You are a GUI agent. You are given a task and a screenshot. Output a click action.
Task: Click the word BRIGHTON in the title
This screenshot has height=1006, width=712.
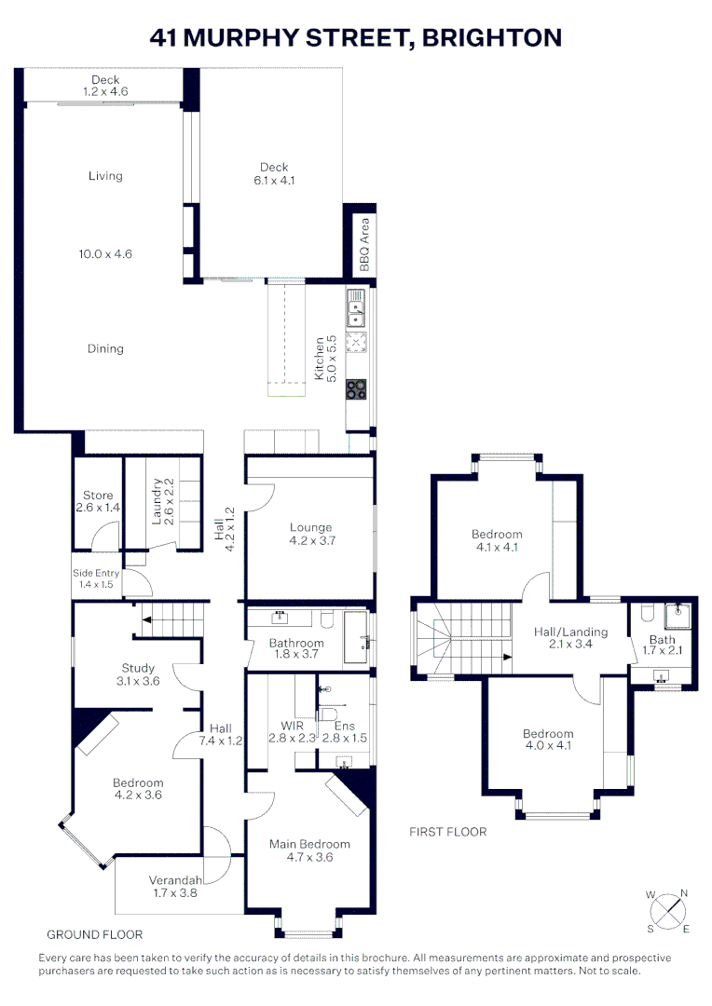tap(492, 37)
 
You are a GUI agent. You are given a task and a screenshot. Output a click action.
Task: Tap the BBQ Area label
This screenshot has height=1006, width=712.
tap(365, 244)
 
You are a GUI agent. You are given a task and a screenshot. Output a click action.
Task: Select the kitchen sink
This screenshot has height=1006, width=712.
tap(356, 308)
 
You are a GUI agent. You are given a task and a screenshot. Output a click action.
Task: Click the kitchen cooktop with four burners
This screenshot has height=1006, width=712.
tap(356, 389)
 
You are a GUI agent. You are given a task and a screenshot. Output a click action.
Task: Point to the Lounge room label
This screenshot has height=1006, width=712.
tap(310, 527)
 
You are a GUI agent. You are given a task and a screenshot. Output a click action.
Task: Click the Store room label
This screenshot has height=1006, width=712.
tap(98, 496)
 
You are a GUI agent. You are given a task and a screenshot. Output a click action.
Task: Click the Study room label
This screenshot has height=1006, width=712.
tap(138, 668)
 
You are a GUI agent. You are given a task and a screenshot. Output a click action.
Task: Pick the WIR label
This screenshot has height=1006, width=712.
tap(293, 725)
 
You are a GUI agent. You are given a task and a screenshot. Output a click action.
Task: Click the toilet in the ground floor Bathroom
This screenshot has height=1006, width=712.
tap(326, 619)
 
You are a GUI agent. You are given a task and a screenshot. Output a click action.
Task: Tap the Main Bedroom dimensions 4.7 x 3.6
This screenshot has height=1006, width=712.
tap(309, 857)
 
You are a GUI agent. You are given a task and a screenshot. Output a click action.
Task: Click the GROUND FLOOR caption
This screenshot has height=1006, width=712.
tap(94, 933)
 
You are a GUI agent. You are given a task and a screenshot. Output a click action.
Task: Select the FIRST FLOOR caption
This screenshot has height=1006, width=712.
tap(448, 832)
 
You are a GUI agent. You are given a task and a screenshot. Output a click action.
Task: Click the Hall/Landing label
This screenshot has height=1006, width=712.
tap(570, 632)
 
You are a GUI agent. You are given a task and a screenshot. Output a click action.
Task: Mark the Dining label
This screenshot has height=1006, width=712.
tap(105, 348)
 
